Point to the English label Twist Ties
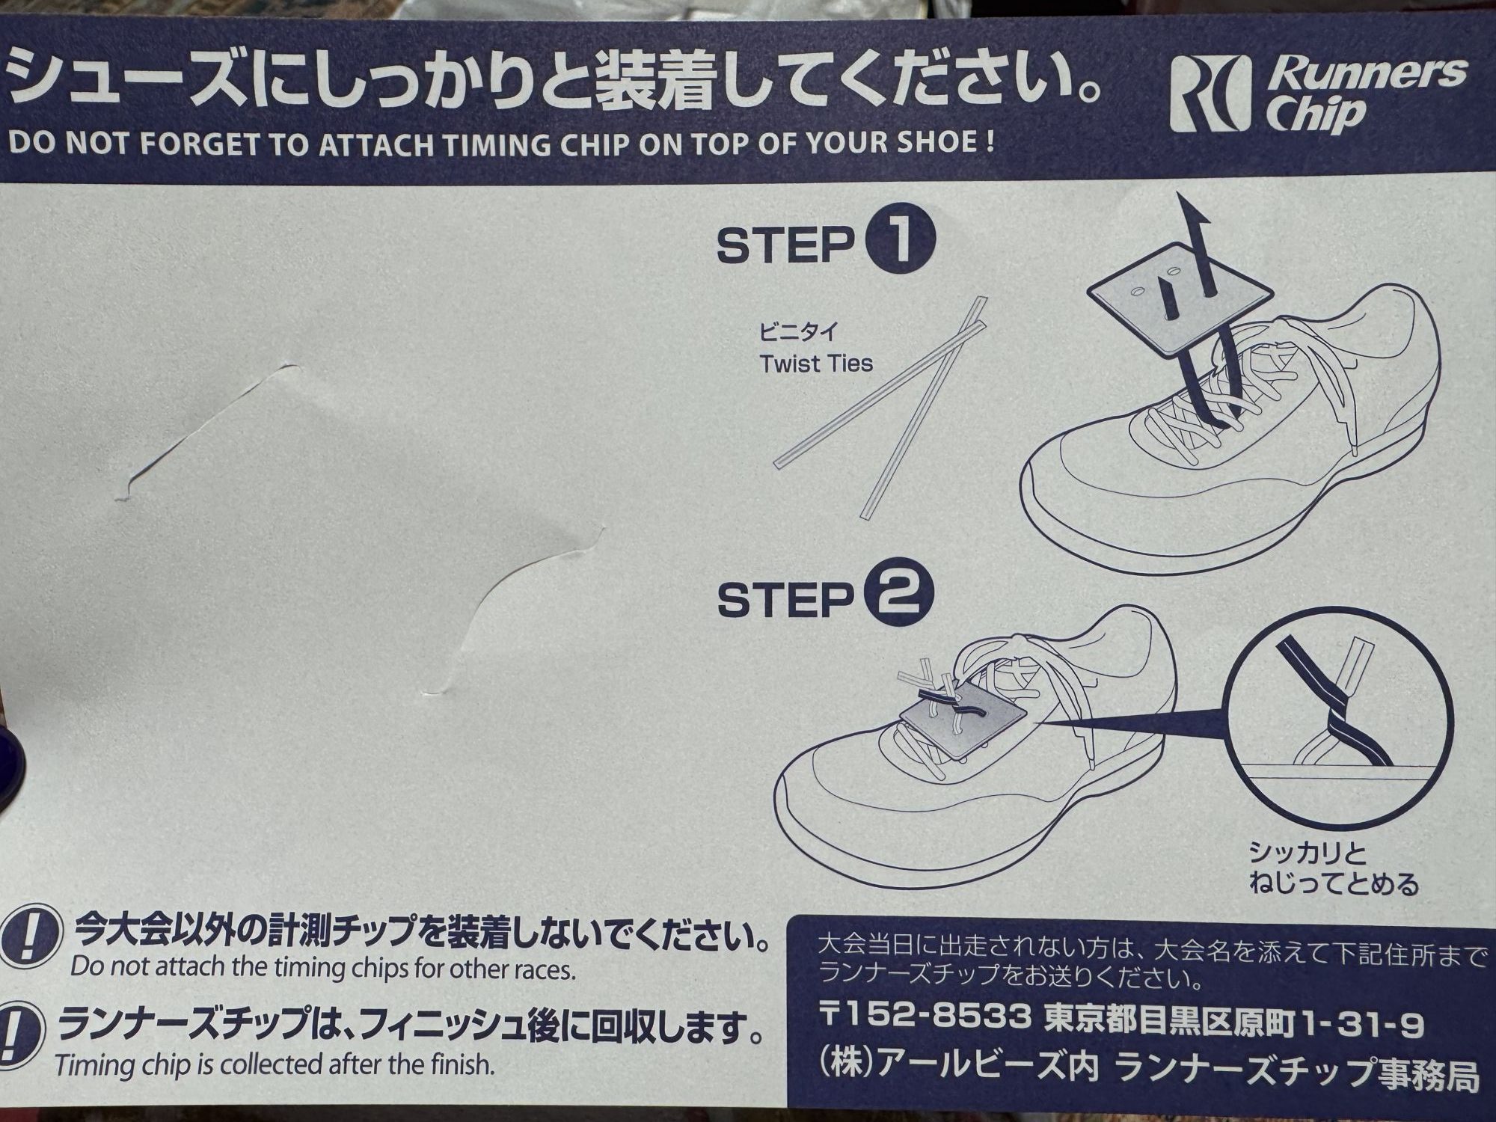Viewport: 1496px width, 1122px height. tap(815, 364)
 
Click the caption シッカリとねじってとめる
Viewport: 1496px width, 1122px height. tap(1333, 870)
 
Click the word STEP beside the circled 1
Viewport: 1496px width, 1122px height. tap(785, 245)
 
